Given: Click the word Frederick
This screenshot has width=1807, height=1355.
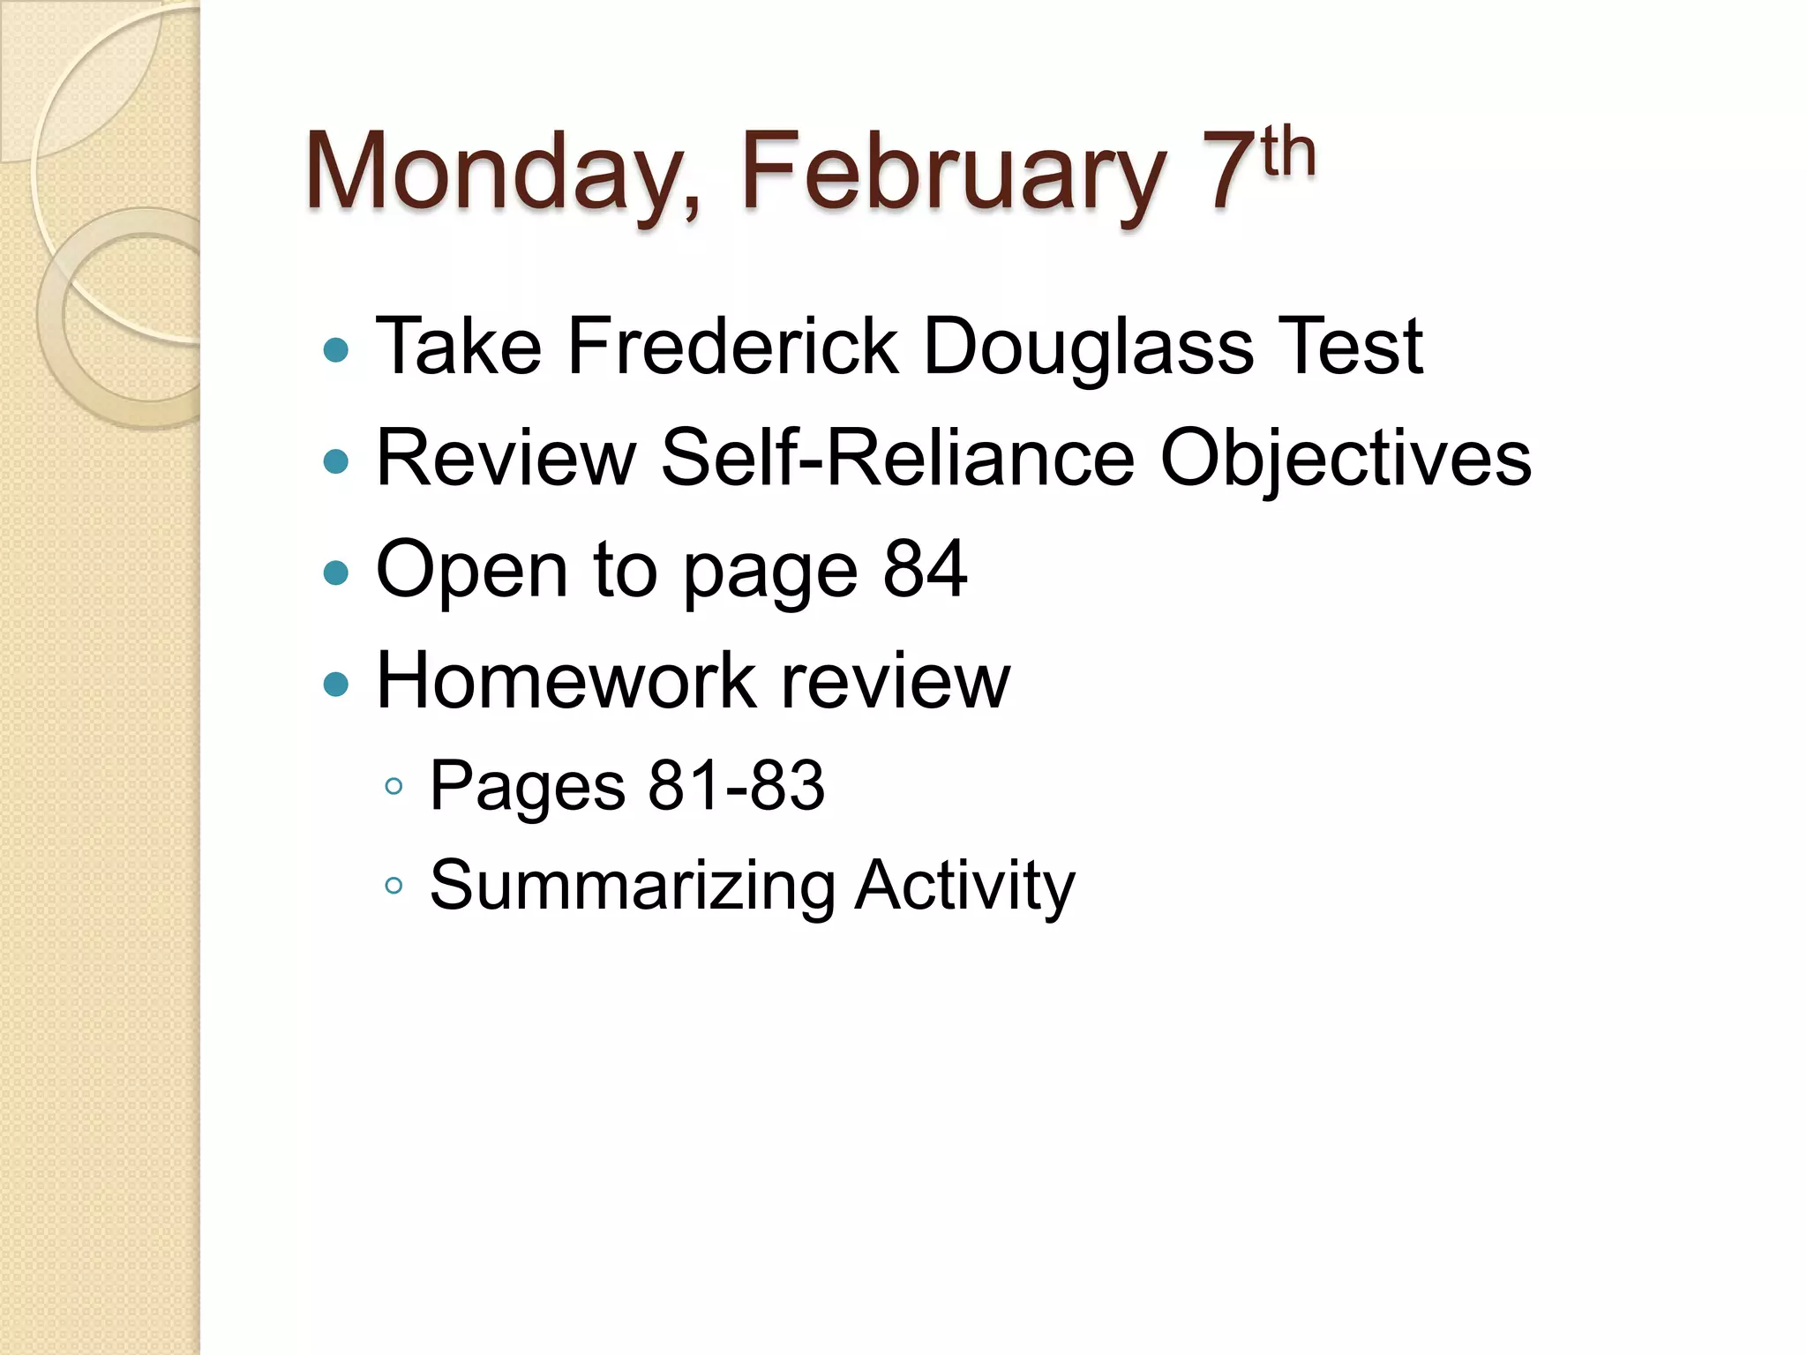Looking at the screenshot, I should [x=732, y=346].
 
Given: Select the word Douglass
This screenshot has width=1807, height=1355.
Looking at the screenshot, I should [x=1088, y=348].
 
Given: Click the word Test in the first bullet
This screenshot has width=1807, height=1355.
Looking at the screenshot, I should [x=1350, y=346].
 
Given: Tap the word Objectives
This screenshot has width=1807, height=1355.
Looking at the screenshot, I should [x=1346, y=460].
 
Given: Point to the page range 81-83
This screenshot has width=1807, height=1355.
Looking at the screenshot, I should [x=737, y=785].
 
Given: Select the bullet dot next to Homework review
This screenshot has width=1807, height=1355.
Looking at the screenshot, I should [x=336, y=685].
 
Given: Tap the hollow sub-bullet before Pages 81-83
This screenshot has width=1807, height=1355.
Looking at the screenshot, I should [x=394, y=786].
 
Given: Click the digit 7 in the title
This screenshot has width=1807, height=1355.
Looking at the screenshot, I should [x=1231, y=172].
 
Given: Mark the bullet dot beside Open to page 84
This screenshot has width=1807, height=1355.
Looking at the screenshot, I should [x=336, y=573].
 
